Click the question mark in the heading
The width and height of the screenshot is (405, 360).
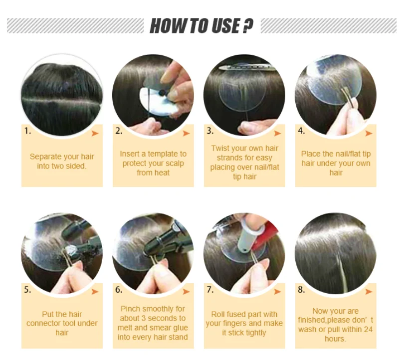(x=248, y=26)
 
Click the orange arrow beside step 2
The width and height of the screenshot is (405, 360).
(x=186, y=133)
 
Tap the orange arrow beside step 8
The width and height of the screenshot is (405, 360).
(x=369, y=292)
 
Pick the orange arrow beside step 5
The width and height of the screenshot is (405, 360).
(x=95, y=292)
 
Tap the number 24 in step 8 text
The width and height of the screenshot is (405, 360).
(x=368, y=330)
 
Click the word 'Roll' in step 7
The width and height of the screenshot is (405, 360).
(x=217, y=314)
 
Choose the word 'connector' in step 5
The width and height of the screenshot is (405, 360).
(x=42, y=324)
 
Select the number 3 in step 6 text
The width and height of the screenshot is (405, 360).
(x=144, y=319)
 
